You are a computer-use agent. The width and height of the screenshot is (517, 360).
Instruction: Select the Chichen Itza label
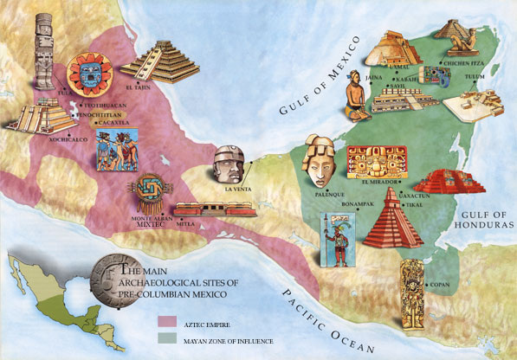click(x=468, y=63)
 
